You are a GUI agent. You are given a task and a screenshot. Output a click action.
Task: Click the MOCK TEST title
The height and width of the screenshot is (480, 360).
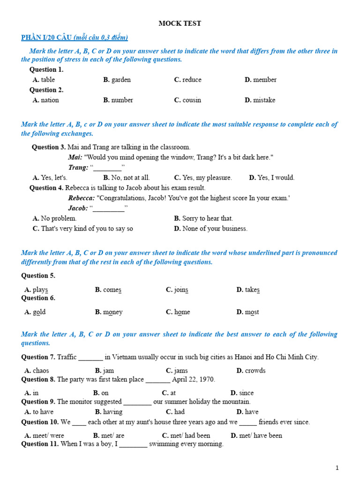click(x=180, y=23)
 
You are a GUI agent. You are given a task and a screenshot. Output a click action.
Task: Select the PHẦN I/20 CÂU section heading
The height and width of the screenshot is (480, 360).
click(x=75, y=37)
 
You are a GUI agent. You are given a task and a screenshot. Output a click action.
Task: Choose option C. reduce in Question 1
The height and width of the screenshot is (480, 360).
click(x=187, y=80)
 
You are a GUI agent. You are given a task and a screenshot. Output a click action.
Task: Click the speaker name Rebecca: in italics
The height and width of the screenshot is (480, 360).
click(x=82, y=198)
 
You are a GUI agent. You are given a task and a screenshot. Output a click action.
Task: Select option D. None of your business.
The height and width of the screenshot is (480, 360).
click(x=210, y=229)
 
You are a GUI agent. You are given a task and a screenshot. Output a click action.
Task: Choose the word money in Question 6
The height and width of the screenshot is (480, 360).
click(x=113, y=312)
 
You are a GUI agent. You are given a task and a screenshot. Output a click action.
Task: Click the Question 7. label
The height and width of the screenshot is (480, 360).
click(x=38, y=357)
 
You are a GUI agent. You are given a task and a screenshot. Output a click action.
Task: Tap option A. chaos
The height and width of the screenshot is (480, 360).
click(x=37, y=371)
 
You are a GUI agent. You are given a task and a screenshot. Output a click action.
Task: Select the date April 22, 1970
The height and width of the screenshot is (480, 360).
click(x=194, y=380)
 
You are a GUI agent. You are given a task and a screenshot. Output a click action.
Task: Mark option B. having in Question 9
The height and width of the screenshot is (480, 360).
click(x=109, y=412)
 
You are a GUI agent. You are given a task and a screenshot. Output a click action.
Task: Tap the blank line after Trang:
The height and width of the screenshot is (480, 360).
click(x=107, y=168)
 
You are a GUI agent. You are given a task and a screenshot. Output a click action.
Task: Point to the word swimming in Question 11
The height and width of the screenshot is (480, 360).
click(x=163, y=444)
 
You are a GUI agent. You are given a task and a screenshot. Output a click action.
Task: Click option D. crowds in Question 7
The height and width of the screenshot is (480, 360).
click(x=251, y=371)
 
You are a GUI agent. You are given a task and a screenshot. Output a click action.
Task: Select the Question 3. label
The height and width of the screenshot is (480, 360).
click(x=49, y=147)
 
